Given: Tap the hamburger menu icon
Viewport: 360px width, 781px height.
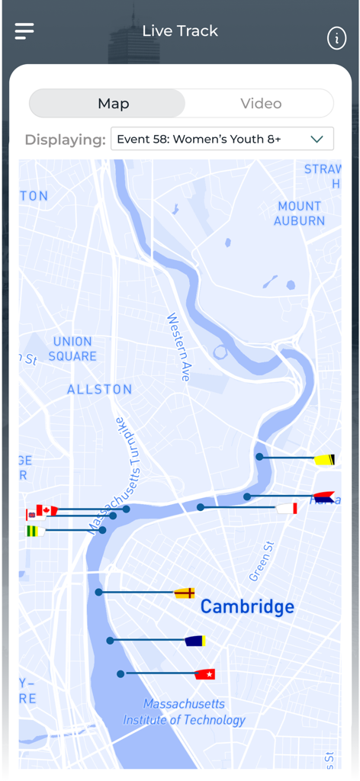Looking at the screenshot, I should click(x=24, y=31).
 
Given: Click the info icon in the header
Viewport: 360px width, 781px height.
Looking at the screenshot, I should click(x=336, y=38).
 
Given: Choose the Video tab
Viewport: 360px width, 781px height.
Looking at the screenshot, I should click(x=261, y=104).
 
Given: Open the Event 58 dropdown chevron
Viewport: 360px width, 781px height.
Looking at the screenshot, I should click(x=317, y=139).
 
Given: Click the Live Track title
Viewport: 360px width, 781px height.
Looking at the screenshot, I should click(x=180, y=31).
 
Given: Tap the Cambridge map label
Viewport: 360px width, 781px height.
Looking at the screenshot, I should click(x=247, y=607).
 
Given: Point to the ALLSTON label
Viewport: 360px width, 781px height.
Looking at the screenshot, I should click(x=99, y=389).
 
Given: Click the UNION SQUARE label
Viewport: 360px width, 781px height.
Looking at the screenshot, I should click(x=72, y=349).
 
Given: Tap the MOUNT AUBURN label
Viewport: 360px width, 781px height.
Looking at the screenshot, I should click(x=299, y=213).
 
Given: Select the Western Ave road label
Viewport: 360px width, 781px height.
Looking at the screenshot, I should click(x=178, y=347).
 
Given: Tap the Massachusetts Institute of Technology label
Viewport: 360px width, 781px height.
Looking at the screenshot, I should click(x=185, y=712).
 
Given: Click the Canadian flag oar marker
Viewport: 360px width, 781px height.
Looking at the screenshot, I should click(x=46, y=510).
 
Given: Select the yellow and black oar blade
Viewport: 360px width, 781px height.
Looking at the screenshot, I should click(x=324, y=459).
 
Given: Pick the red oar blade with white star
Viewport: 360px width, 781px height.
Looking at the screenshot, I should click(x=205, y=674).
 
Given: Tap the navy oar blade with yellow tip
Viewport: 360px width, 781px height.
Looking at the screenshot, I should click(x=195, y=641).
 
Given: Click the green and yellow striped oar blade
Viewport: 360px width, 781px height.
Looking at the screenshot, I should click(x=34, y=531).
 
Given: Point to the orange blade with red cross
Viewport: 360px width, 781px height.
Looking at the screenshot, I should click(x=185, y=593).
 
